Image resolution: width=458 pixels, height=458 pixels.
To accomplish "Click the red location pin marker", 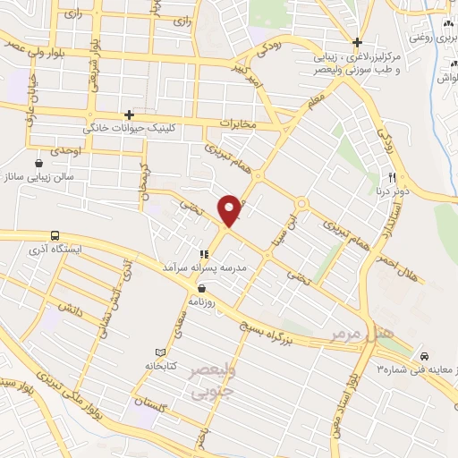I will click(230, 210).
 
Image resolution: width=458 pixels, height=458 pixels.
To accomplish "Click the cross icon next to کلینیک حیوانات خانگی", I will click(130, 115).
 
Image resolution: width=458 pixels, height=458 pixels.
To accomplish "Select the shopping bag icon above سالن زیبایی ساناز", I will click(39, 164).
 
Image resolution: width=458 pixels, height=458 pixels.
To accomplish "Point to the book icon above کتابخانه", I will click(160, 353).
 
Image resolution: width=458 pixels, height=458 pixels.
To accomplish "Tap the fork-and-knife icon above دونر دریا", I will click(391, 176).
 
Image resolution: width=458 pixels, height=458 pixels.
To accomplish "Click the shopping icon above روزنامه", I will click(202, 288).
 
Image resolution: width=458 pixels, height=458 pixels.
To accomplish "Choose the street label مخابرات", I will click(237, 123).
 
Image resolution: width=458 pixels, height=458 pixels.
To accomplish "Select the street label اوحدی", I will click(65, 152).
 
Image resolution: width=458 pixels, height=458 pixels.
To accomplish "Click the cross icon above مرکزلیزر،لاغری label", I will click(357, 42).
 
